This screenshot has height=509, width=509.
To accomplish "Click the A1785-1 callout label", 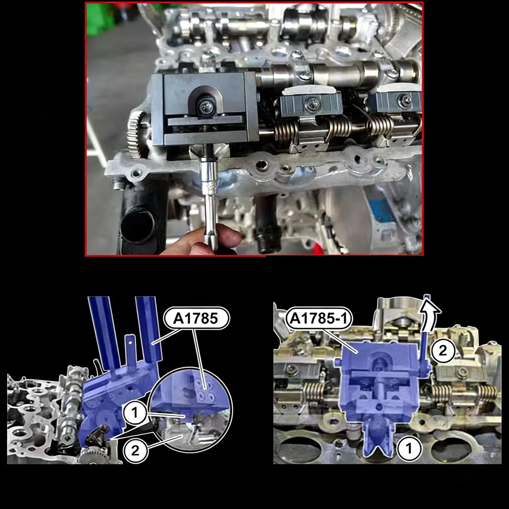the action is [x=319, y=319].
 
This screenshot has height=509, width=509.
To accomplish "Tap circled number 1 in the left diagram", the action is [x=135, y=413].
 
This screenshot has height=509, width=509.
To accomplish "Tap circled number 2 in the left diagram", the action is [x=135, y=450].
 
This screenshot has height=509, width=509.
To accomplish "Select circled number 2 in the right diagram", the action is [x=443, y=350].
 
